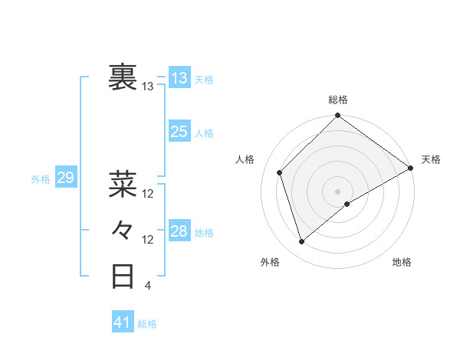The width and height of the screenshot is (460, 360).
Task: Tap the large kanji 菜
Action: click(x=123, y=183)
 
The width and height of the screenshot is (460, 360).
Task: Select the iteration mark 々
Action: click(x=123, y=229)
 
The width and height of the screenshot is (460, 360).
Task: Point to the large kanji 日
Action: click(x=123, y=276)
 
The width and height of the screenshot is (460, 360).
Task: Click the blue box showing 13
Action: click(x=179, y=77)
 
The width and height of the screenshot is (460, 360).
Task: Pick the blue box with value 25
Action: click(x=179, y=132)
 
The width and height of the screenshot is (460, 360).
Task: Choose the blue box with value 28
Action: click(x=179, y=231)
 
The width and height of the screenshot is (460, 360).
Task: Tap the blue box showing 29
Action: click(x=65, y=178)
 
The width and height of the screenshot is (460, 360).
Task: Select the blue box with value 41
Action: click(x=123, y=322)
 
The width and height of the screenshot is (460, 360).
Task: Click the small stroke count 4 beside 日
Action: click(x=147, y=286)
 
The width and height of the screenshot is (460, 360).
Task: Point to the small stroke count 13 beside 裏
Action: click(x=148, y=87)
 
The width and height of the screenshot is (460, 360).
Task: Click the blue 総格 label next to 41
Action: click(x=147, y=324)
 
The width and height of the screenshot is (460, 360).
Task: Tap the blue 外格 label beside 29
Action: click(x=41, y=179)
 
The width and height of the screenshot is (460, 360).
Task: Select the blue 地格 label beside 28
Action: click(x=205, y=232)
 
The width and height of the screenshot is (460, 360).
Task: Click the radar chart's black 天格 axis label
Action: click(x=431, y=159)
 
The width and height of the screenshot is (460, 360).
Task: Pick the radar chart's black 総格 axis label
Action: click(x=338, y=100)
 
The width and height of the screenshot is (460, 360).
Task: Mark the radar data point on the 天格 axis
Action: click(x=410, y=168)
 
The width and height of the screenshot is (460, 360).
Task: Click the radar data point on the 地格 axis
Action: click(x=347, y=204)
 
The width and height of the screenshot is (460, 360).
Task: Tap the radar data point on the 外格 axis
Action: click(x=301, y=241)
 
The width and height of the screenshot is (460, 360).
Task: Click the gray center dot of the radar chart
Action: click(x=338, y=191)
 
